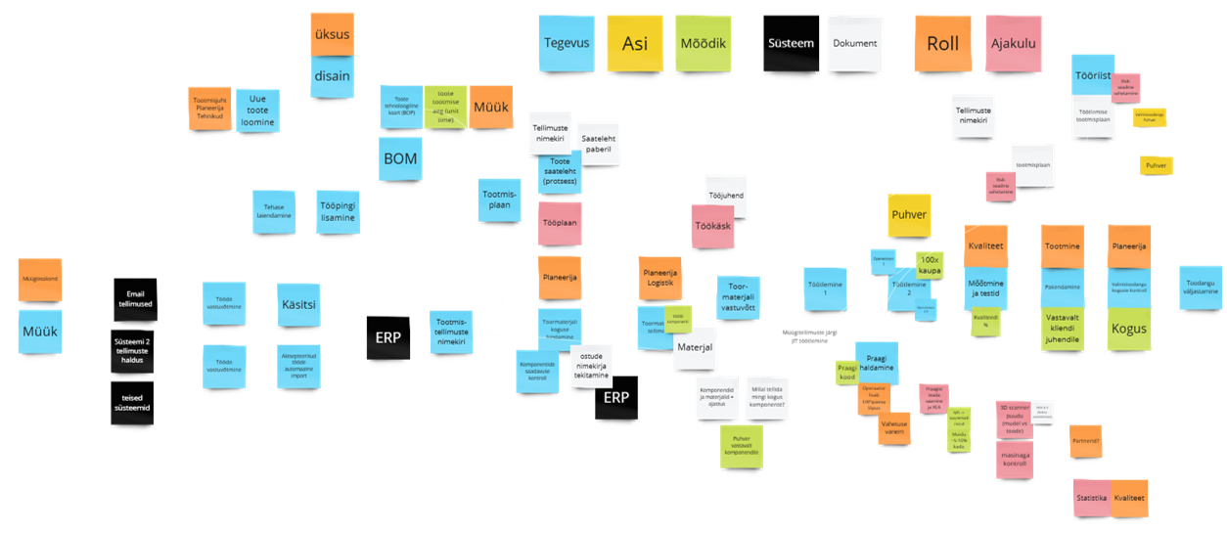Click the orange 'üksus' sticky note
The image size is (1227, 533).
coord(333,35)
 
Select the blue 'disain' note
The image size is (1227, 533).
coord(334,75)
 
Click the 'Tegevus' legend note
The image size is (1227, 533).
coord(567,43)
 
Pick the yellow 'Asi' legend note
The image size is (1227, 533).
coord(635,43)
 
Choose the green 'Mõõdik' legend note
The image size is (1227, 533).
coord(704,43)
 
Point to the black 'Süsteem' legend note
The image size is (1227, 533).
coord(791,44)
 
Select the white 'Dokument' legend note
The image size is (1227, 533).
coord(854,43)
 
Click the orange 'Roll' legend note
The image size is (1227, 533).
coord(943,44)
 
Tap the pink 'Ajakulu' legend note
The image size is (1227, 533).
coord(1013,44)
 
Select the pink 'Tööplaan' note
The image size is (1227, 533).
coord(561,223)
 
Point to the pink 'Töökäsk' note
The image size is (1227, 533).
coord(712,225)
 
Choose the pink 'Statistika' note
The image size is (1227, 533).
coord(1091,499)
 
